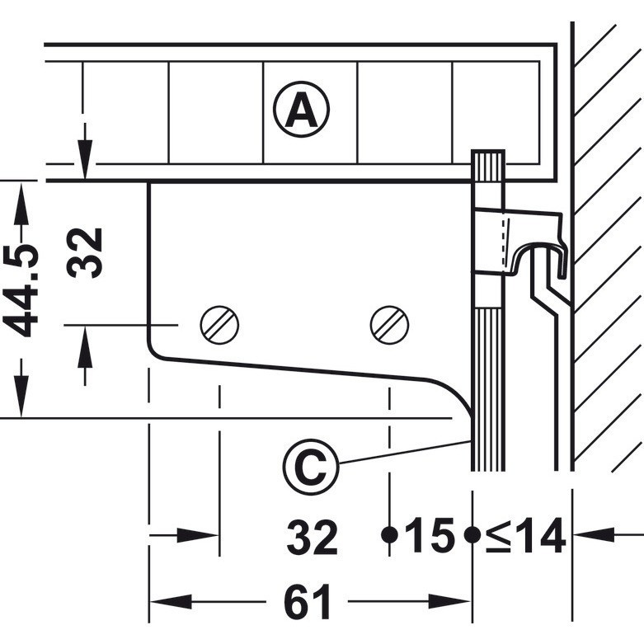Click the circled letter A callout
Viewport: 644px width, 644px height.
(301, 111)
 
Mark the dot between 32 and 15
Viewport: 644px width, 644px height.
(388, 534)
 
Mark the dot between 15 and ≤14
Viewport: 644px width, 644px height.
(472, 534)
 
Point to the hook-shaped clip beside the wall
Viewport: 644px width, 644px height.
(540, 251)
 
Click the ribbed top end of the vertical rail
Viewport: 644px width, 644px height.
(487, 165)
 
